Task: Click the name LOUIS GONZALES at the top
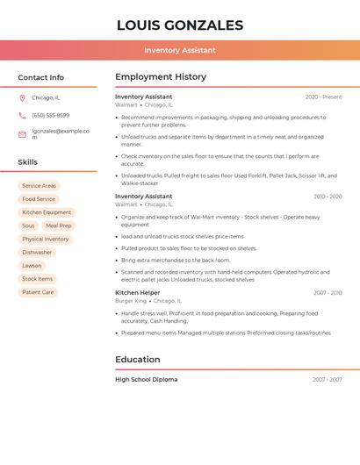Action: (x=180, y=25)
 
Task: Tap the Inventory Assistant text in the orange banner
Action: (x=180, y=50)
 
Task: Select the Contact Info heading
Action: (x=41, y=77)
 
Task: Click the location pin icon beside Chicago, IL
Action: (x=22, y=98)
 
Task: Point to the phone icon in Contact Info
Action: (x=22, y=115)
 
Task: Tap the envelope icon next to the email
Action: (x=22, y=134)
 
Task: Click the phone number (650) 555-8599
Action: (x=51, y=115)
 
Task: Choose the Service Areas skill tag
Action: (x=39, y=186)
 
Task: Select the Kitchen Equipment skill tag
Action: (x=47, y=212)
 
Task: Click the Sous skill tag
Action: (x=28, y=225)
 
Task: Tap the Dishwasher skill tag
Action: (x=37, y=253)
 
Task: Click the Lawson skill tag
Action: (x=32, y=266)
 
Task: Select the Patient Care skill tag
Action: (x=38, y=292)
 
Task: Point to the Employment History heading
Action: (x=161, y=76)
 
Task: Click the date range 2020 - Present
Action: (x=323, y=97)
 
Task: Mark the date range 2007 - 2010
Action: (x=327, y=293)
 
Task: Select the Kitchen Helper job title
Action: (x=138, y=293)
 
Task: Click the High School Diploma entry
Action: (x=146, y=380)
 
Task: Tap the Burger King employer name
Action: (x=130, y=301)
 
